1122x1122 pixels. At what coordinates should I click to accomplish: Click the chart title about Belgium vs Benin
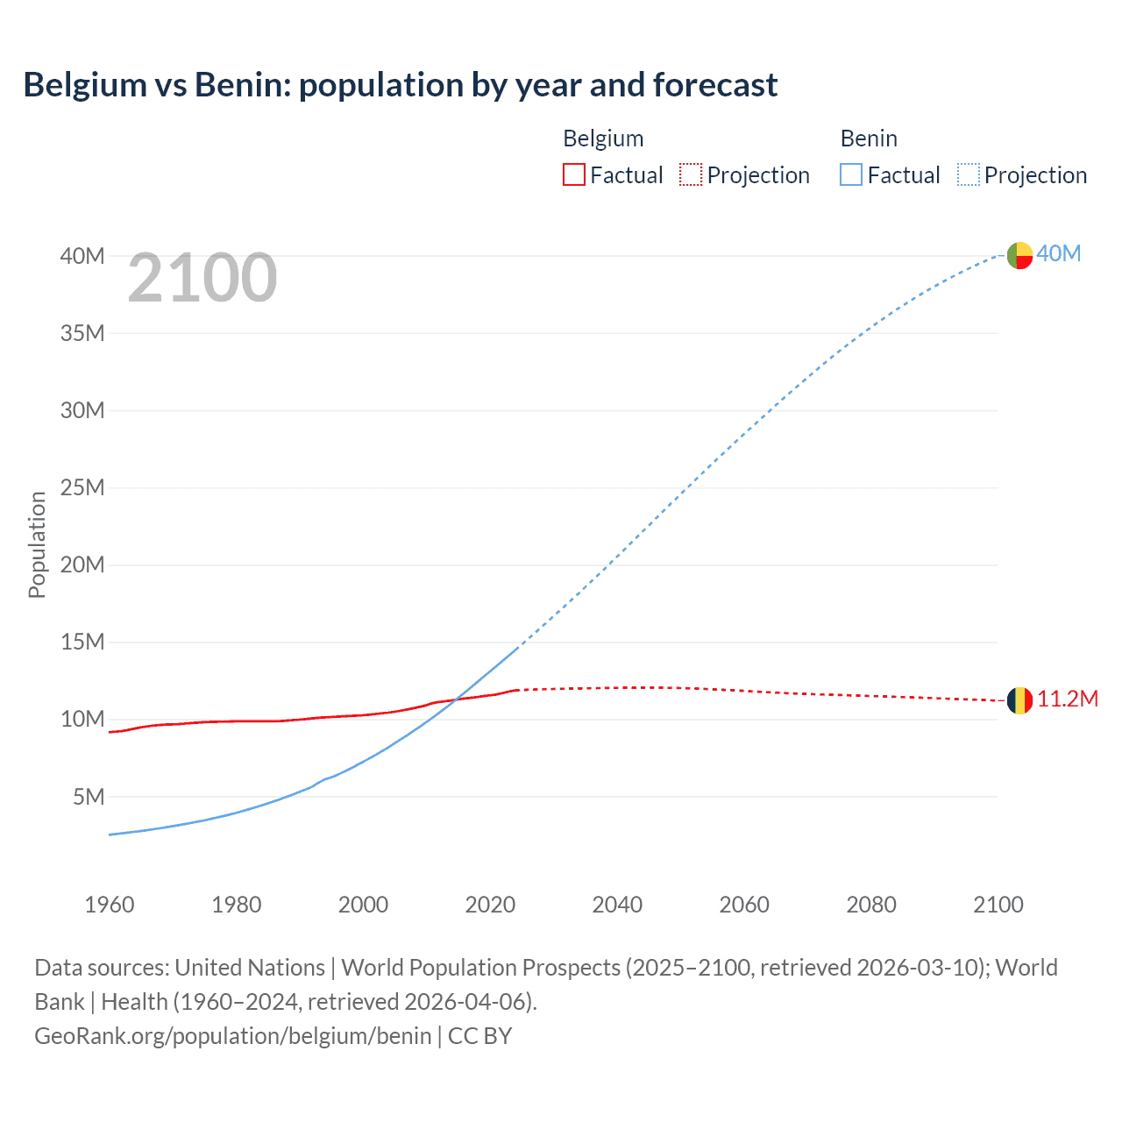pos(400,85)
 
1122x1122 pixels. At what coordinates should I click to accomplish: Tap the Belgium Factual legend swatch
pos(573,174)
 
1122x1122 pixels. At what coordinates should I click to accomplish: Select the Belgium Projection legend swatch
pos(691,174)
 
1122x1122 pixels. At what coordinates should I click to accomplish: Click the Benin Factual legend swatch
pos(850,174)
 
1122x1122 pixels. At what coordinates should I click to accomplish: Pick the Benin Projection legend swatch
pos(969,174)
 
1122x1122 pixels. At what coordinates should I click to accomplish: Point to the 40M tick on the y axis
pos(82,256)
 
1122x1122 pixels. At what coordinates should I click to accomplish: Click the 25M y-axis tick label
pos(82,487)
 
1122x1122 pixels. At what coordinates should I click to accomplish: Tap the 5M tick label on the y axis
pos(89,797)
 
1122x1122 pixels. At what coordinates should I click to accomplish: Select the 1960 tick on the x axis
pos(110,905)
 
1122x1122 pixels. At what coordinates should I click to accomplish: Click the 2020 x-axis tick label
pos(490,905)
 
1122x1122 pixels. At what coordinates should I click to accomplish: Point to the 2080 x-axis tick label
pos(871,905)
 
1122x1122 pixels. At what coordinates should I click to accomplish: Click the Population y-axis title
pos(37,544)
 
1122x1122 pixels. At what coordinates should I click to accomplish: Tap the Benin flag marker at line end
pos(1019,255)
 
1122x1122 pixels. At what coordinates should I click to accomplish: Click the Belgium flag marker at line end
pos(1019,700)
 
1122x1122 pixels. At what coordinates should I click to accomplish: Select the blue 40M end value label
pos(1059,254)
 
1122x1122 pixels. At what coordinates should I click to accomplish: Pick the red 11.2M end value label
pos(1068,699)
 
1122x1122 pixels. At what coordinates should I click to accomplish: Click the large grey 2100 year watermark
pos(202,279)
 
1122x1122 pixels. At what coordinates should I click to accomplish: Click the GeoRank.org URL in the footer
pos(233,1036)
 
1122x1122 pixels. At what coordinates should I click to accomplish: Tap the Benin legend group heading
pos(869,138)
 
